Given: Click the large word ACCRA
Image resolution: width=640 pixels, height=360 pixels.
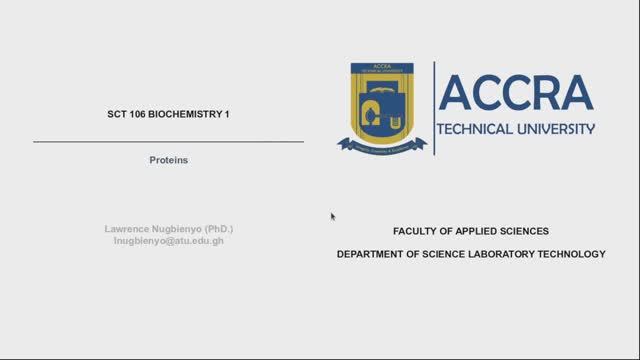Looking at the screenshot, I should [516, 93].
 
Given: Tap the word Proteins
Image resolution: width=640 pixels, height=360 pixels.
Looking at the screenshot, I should [168, 160].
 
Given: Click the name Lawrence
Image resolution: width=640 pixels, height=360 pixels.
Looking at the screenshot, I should [129, 229].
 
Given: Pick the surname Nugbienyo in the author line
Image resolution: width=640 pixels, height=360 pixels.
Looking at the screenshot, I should [179, 229].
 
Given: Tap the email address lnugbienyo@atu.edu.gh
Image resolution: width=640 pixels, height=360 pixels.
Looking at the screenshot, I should [168, 241].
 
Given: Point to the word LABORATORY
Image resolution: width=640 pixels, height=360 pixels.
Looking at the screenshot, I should [502, 254].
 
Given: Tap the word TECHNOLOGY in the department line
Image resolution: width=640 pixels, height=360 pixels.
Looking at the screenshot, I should [572, 254].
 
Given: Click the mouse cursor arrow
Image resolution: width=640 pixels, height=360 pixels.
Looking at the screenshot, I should [333, 216].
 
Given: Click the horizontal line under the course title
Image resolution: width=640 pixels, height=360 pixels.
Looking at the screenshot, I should [168, 143].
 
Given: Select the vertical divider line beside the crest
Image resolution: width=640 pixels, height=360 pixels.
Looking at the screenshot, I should [434, 108].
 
